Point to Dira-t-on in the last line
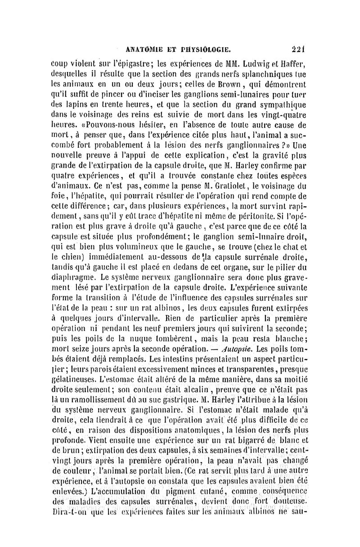click(x=68, y=511)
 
